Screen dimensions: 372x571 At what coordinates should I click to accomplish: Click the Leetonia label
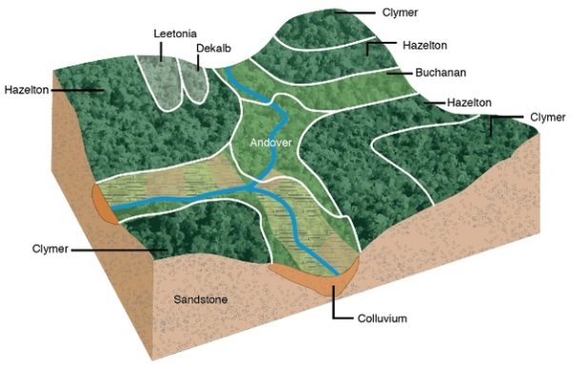175,32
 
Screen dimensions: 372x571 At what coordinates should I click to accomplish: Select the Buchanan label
438,71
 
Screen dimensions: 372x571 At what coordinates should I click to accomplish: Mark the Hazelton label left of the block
26,90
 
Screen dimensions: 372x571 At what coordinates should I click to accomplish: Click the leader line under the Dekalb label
199,61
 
